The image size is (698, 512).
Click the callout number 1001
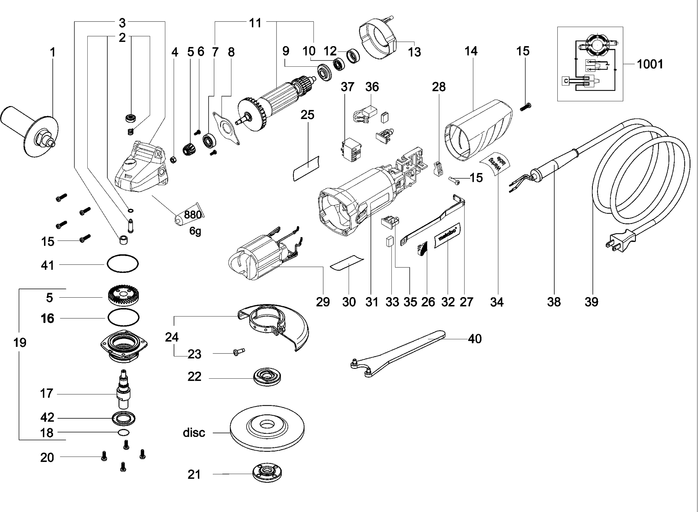[650, 64]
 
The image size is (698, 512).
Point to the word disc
[194, 433]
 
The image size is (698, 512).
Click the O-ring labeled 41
[123, 264]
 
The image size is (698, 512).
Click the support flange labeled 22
[267, 378]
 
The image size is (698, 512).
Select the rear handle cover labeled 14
[477, 130]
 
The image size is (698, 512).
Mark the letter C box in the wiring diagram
[566, 81]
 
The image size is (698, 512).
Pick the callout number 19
[20, 343]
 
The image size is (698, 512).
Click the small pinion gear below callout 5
[189, 150]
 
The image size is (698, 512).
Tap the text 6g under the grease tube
[195, 231]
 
